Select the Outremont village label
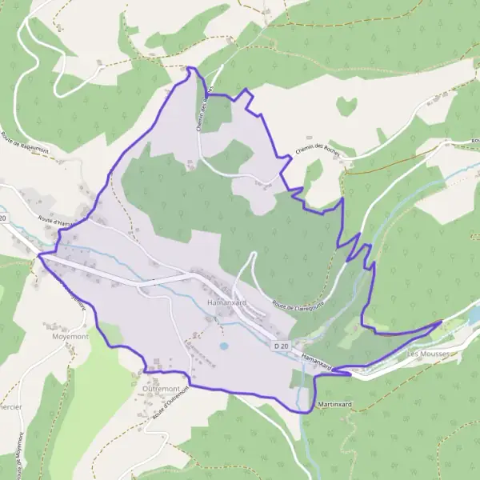point(161,388)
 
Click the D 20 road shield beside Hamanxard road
point(280,345)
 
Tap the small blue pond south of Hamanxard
point(223,346)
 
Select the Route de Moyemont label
point(18,456)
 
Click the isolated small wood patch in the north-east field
point(346,105)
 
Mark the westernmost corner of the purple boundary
point(38,256)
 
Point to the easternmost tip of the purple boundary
point(442,321)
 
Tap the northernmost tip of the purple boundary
point(190,68)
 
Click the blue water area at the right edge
point(475,316)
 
